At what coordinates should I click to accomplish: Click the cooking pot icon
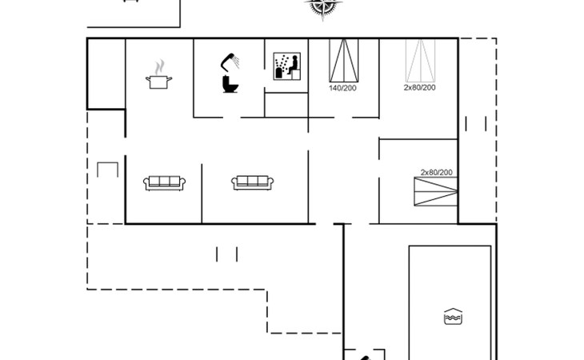(x=158, y=82)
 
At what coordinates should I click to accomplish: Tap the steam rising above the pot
(x=159, y=66)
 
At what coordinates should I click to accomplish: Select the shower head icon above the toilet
(x=230, y=62)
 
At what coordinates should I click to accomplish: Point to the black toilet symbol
(x=230, y=84)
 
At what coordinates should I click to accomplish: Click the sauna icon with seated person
(x=286, y=66)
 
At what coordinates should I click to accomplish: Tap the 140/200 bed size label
(x=342, y=88)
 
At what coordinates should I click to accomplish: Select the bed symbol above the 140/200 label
(x=344, y=60)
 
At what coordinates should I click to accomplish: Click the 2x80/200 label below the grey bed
(x=420, y=87)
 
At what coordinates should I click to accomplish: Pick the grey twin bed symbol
(x=420, y=60)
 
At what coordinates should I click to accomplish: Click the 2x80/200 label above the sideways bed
(x=437, y=172)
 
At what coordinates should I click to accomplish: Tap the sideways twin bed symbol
(x=436, y=191)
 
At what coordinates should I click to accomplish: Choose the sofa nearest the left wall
(x=164, y=182)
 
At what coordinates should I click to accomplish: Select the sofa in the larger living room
(x=253, y=182)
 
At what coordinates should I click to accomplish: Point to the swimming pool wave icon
(x=453, y=317)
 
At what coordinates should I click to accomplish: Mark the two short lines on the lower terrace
(x=226, y=254)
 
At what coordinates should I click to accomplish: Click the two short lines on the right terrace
(x=476, y=124)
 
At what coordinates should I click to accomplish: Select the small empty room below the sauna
(x=286, y=105)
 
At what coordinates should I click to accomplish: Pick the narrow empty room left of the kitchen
(x=106, y=74)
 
